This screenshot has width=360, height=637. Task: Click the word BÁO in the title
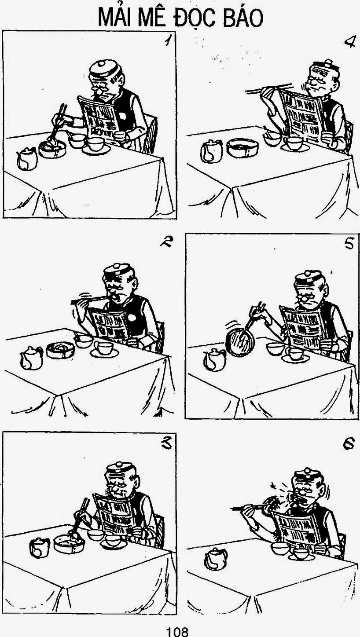242,18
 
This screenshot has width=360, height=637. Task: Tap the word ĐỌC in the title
194,18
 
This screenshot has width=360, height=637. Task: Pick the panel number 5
349,244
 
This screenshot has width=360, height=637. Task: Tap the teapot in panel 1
27,159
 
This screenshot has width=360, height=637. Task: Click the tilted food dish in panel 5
239,341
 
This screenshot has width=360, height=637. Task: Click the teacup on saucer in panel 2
104,349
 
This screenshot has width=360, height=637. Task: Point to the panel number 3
166,444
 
